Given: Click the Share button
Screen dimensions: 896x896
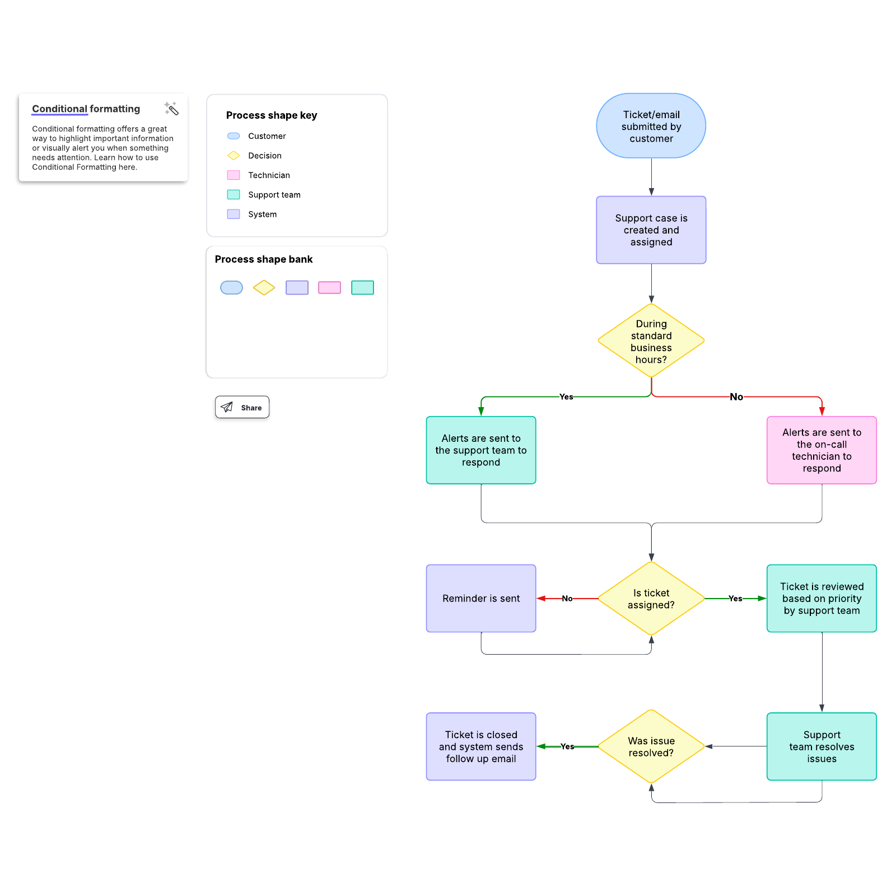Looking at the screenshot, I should click(242, 407).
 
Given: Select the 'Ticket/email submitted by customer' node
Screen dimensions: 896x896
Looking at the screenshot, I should click(651, 126).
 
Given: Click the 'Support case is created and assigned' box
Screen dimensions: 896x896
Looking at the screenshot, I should click(651, 230).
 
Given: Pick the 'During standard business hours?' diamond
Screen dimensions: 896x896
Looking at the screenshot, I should click(651, 341).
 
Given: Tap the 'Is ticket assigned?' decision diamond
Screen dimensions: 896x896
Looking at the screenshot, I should click(651, 599).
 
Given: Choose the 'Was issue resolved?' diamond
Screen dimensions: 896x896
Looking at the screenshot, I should click(651, 746).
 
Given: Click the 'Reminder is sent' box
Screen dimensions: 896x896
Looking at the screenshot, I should click(481, 599).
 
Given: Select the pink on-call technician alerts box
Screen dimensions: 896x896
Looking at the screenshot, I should click(822, 450).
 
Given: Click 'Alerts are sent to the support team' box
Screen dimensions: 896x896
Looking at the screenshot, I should click(481, 450).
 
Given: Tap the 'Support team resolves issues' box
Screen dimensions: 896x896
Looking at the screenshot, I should click(822, 746).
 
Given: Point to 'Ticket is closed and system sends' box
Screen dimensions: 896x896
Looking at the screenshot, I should click(481, 746).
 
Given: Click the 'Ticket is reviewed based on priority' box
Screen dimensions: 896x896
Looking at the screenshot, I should click(822, 599).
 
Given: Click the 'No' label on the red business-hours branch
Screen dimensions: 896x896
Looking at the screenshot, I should click(736, 397).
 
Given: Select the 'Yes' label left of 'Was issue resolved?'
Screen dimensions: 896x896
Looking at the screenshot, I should click(567, 746).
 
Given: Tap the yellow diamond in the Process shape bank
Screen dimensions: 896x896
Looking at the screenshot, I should click(264, 288).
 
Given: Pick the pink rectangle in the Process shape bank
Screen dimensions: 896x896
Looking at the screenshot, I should click(329, 288).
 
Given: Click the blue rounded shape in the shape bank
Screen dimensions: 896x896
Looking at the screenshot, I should click(231, 288).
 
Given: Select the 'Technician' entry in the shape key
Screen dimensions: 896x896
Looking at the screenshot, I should click(269, 175).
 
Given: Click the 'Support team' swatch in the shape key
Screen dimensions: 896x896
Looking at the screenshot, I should click(234, 195).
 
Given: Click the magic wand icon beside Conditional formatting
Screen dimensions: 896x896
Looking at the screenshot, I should click(171, 109).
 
